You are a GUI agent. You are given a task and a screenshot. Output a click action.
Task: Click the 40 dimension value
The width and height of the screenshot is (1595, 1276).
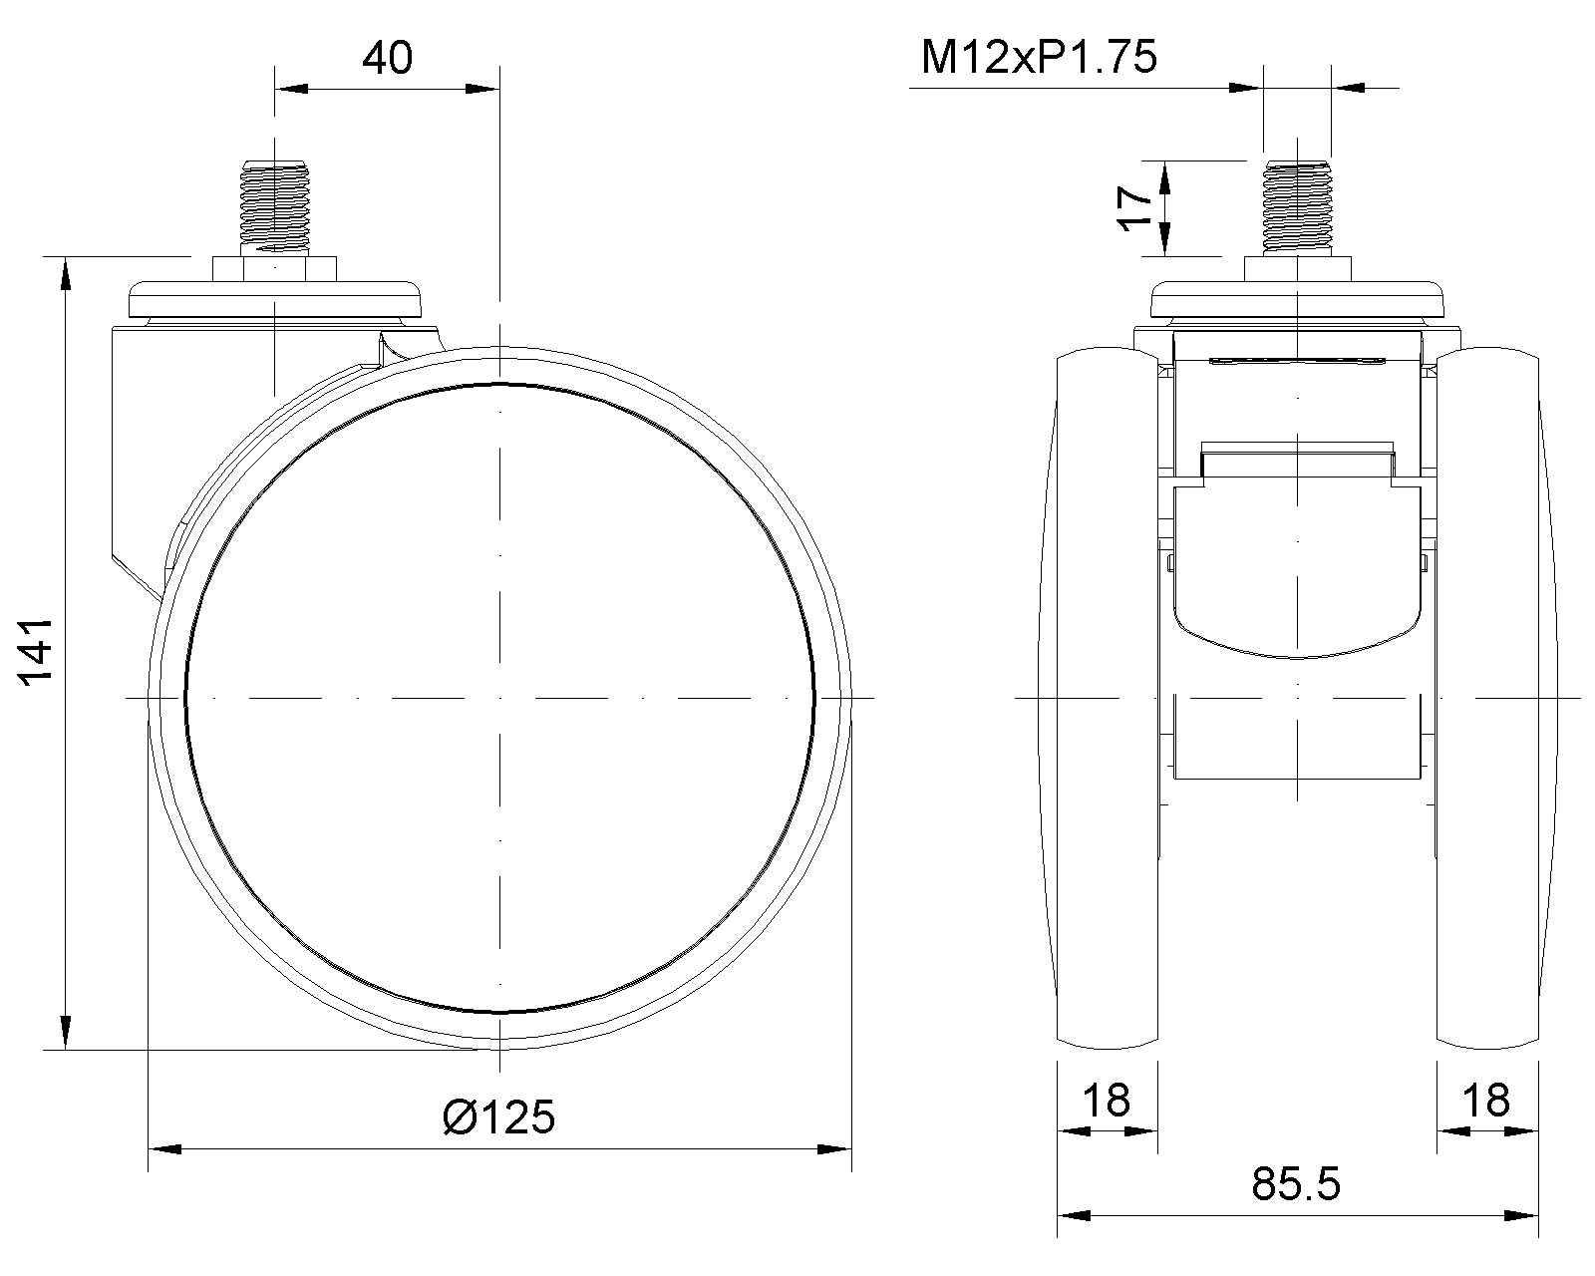coord(387,58)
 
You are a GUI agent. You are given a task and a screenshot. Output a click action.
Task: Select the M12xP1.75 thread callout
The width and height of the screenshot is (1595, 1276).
coord(1039,57)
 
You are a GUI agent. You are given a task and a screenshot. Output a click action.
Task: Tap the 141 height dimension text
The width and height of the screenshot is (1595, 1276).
coord(35,653)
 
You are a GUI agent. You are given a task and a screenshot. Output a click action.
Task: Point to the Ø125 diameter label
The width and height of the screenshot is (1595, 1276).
coord(498,1117)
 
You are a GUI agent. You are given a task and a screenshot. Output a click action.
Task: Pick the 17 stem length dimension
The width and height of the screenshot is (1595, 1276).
coord(1134,209)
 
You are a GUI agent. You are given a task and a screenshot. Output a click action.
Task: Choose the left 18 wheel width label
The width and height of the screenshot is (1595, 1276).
coord(1107,1101)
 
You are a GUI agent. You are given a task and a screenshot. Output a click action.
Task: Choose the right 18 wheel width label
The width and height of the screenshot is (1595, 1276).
coord(1486,1101)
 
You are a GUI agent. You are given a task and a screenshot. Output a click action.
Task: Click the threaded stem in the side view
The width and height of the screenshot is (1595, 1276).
coord(274,208)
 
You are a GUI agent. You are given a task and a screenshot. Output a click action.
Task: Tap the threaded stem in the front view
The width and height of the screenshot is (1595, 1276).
coord(1297,208)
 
